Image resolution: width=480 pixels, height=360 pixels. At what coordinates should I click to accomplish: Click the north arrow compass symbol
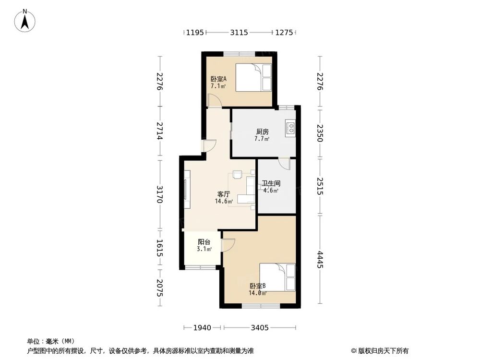(25, 21)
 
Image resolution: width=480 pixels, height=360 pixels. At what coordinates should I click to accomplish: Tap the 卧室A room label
(218, 79)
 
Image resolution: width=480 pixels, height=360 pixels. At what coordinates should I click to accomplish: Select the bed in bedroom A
(253, 77)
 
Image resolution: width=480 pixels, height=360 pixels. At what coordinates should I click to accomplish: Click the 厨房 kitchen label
(263, 132)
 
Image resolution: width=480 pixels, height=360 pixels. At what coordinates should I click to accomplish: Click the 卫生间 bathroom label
(271, 183)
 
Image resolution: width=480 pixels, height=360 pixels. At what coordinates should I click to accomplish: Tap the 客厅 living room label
(224, 194)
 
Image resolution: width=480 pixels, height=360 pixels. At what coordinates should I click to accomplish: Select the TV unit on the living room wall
(187, 190)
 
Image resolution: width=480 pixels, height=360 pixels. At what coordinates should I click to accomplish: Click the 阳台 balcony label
(204, 242)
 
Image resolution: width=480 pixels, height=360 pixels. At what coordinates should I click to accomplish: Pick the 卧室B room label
(257, 286)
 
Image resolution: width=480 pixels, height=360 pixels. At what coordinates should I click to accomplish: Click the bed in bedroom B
(277, 277)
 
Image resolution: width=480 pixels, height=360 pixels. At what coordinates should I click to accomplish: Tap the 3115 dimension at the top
(239, 32)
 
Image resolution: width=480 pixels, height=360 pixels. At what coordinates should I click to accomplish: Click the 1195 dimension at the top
(195, 32)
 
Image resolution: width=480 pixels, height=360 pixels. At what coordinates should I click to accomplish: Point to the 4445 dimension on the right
(320, 259)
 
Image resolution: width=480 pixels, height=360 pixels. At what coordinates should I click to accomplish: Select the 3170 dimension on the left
(159, 194)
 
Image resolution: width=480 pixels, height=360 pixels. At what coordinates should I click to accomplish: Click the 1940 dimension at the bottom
(202, 328)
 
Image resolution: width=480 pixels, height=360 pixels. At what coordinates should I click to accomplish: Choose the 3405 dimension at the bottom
(260, 328)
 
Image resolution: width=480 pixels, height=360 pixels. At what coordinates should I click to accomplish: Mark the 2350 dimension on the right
(320, 133)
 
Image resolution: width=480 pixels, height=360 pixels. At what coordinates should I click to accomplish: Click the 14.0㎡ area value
(257, 293)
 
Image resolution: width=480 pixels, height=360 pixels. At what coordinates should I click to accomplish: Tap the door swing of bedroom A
(215, 100)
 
